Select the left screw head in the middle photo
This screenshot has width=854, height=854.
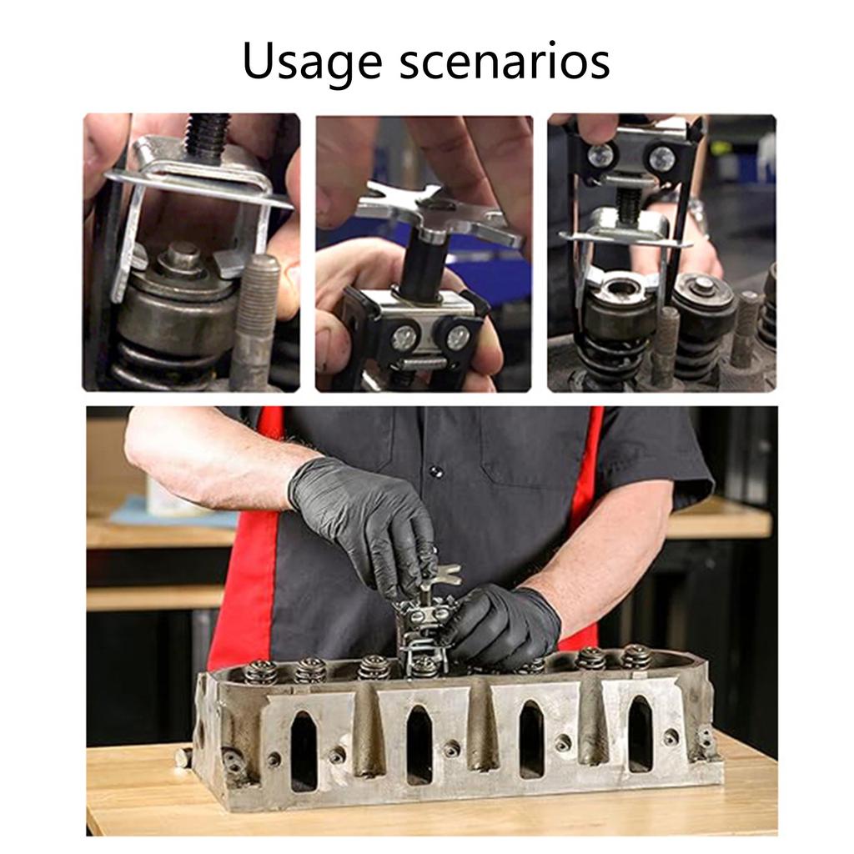click(404, 336)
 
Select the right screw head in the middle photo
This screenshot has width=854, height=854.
click(457, 336)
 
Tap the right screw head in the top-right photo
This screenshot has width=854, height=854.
click(661, 158)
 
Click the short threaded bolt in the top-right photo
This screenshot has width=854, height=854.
click(628, 204)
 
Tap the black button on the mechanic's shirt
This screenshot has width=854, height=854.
click(434, 473)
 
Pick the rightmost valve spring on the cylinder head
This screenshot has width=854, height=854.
click(635, 657)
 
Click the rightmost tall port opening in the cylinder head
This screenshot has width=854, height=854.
click(640, 734)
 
